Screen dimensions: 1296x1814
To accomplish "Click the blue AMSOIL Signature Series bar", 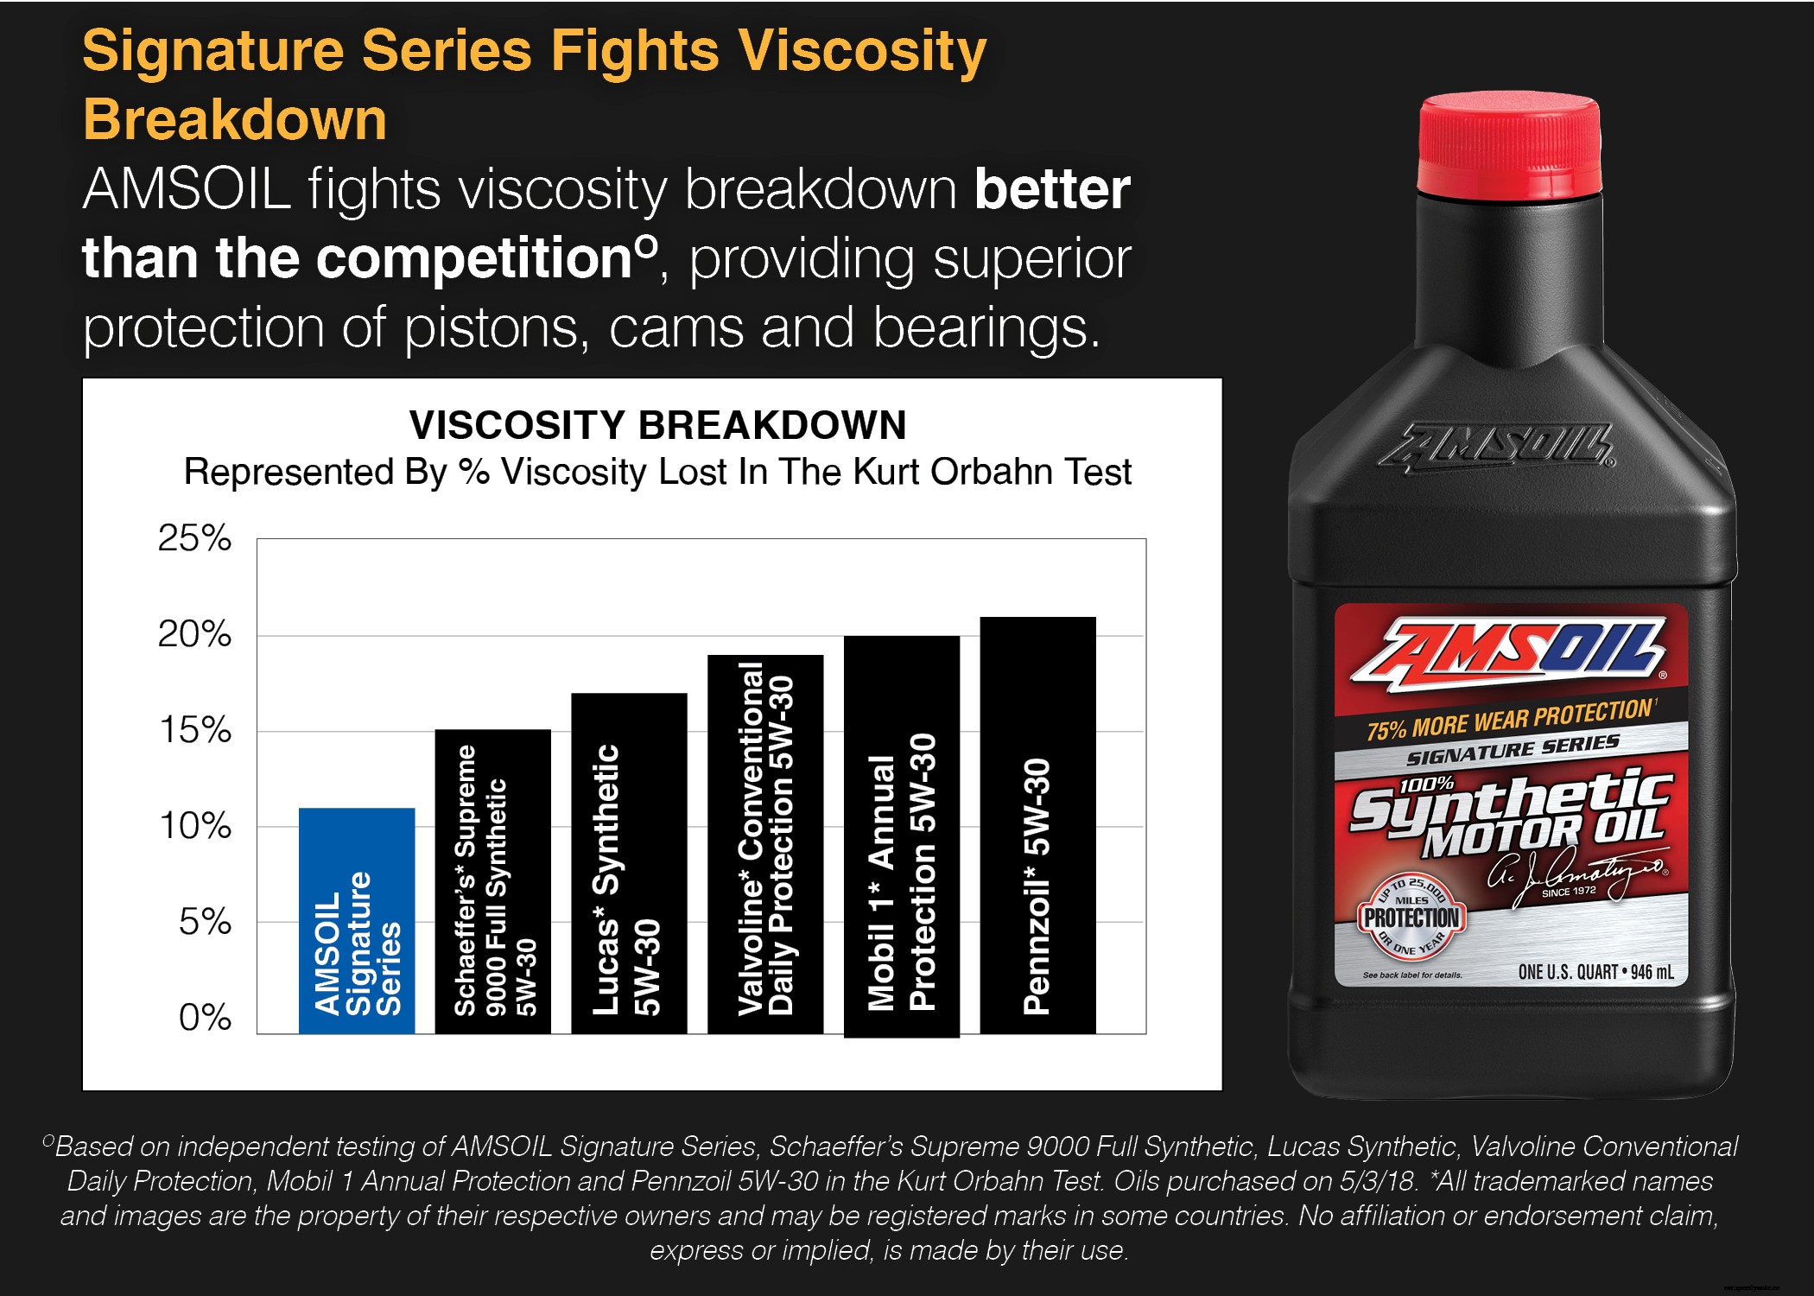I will tap(356, 920).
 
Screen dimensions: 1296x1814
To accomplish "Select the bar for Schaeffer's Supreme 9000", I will tap(492, 881).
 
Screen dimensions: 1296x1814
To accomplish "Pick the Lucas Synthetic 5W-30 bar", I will tap(629, 864).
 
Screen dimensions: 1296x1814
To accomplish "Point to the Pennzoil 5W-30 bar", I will tap(1037, 825).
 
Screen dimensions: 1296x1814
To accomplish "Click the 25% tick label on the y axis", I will tap(194, 538).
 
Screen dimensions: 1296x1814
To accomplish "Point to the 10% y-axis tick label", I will tap(195, 826).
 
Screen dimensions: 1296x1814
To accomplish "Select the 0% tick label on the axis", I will tap(205, 1018).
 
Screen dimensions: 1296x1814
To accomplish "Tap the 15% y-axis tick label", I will tap(195, 730).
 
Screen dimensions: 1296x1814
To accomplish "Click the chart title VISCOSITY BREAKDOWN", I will tap(657, 425).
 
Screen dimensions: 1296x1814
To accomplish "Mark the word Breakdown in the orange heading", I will tap(235, 119).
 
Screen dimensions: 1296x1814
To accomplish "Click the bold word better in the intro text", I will tap(1052, 189).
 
